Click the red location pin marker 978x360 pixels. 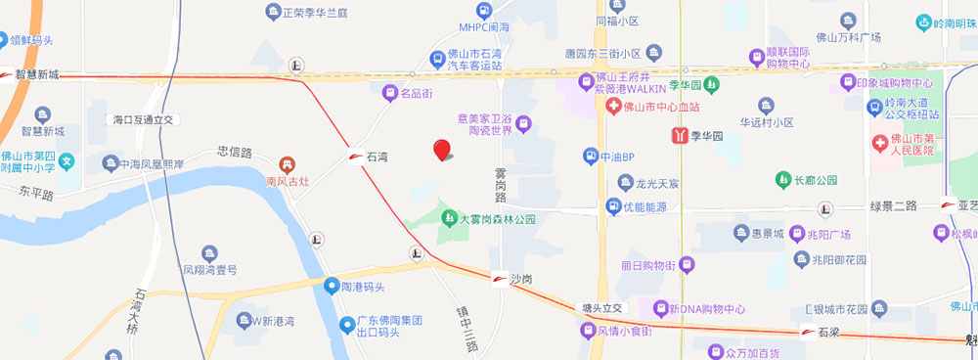(x=442, y=150)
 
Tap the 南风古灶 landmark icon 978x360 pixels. (x=288, y=164)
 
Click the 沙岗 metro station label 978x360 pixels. (x=521, y=279)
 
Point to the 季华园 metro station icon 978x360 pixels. (x=679, y=137)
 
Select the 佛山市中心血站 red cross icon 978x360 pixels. (x=613, y=106)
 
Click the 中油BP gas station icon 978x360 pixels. (x=590, y=156)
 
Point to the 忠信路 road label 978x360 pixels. (x=235, y=152)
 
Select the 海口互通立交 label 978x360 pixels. (x=142, y=118)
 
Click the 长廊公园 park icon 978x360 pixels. (x=782, y=179)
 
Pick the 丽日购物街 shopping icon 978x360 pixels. (x=687, y=265)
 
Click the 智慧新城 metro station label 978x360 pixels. (x=38, y=74)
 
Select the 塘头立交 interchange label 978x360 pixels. (x=601, y=307)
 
